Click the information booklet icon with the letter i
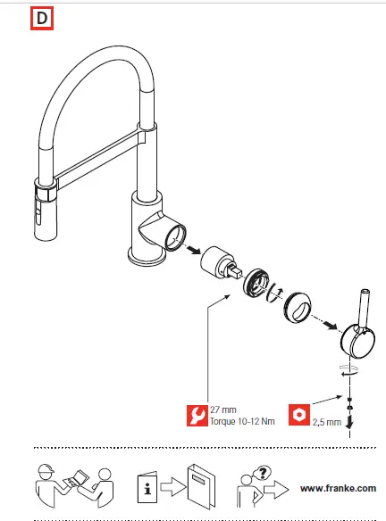pos(147,488)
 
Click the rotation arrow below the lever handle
pos(349,369)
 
